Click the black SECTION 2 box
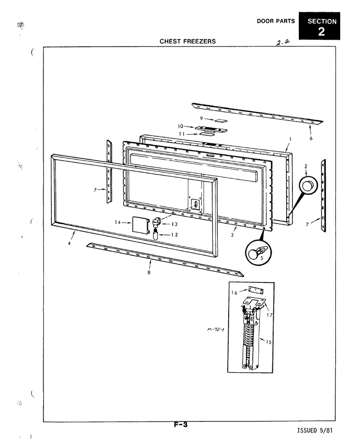click(x=319, y=26)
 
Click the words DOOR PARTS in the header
click(x=276, y=21)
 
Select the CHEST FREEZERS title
click(x=188, y=41)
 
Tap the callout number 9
click(x=201, y=118)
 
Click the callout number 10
click(x=180, y=126)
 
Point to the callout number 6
click(x=311, y=139)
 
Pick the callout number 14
click(x=117, y=222)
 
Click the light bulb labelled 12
click(x=155, y=235)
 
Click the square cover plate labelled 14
click(x=140, y=225)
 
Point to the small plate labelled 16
click(x=256, y=290)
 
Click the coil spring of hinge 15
click(x=248, y=334)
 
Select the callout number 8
click(x=149, y=273)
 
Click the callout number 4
click(x=69, y=244)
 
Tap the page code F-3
click(x=180, y=424)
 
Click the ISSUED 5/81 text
click(x=315, y=430)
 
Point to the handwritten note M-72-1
click(x=216, y=329)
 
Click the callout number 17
click(x=270, y=315)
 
